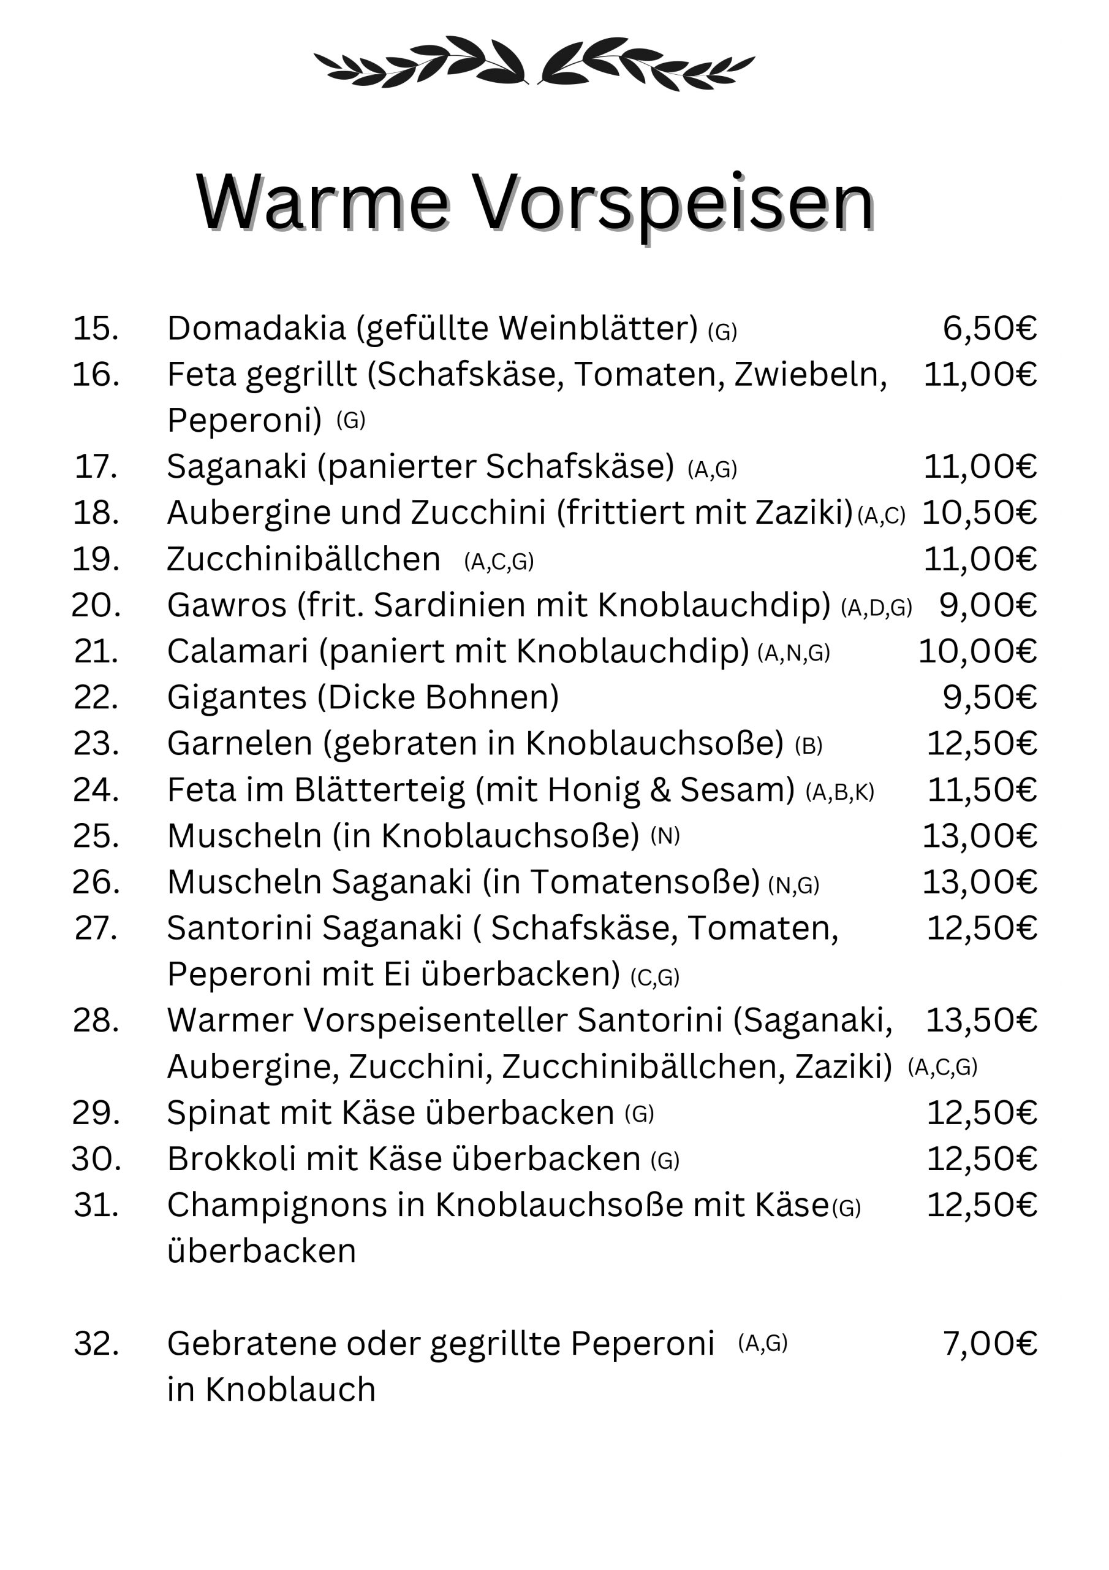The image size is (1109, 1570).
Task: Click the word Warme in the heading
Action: tap(322, 204)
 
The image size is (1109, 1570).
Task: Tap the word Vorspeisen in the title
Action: tap(672, 204)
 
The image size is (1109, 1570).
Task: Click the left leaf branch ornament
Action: tap(421, 63)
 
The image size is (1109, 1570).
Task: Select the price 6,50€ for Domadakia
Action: tap(990, 328)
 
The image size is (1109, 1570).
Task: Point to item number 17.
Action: tap(96, 467)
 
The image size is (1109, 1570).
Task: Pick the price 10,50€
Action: tap(979, 513)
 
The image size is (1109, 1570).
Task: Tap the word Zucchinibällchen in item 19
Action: tap(303, 559)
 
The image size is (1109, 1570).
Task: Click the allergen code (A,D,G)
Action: tap(876, 607)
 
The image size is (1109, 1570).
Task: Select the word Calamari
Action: tap(237, 651)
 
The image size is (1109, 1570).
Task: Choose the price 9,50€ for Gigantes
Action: tap(990, 697)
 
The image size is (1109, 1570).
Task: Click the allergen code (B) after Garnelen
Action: tap(808, 745)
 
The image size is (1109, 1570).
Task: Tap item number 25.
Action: tap(96, 836)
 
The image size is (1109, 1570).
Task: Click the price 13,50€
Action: tap(981, 1020)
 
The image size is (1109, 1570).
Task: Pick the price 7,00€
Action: tap(990, 1344)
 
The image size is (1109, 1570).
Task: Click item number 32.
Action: tap(96, 1344)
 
